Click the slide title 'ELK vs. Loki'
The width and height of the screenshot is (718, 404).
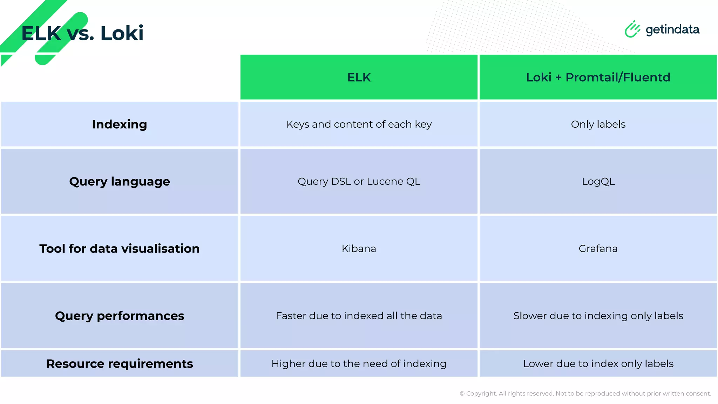pos(82,33)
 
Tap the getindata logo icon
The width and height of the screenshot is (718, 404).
pos(632,29)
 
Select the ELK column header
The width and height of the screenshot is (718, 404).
pos(359,77)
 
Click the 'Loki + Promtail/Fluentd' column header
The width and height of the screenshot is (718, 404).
pos(598,77)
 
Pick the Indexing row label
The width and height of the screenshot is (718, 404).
pos(120,124)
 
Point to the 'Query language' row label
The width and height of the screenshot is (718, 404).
pos(120,181)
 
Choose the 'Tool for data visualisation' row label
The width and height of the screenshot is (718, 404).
pos(120,248)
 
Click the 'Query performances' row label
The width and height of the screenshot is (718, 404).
pos(120,316)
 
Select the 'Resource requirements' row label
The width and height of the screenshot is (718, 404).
pos(120,364)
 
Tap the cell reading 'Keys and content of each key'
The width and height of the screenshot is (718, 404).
pos(359,124)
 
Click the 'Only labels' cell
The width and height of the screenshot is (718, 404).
pos(598,124)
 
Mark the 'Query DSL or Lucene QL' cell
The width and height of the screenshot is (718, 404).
pos(359,181)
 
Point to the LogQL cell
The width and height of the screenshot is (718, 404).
pos(598,181)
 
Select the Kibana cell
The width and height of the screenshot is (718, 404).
pos(359,248)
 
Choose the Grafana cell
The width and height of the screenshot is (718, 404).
pos(598,248)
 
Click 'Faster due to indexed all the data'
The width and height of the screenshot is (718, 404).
pos(359,316)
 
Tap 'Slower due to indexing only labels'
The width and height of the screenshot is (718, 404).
pos(598,316)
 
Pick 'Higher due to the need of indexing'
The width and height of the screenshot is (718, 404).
pos(359,364)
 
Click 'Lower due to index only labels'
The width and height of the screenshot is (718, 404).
pos(598,364)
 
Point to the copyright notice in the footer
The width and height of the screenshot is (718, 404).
pos(585,393)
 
